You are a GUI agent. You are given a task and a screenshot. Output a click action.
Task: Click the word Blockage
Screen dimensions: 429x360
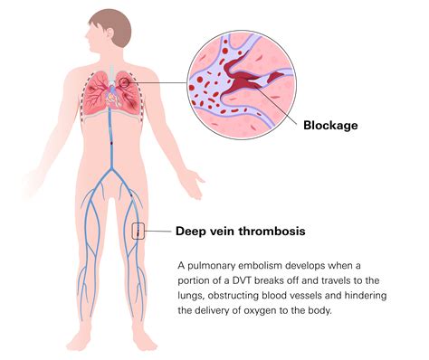[331, 126]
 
